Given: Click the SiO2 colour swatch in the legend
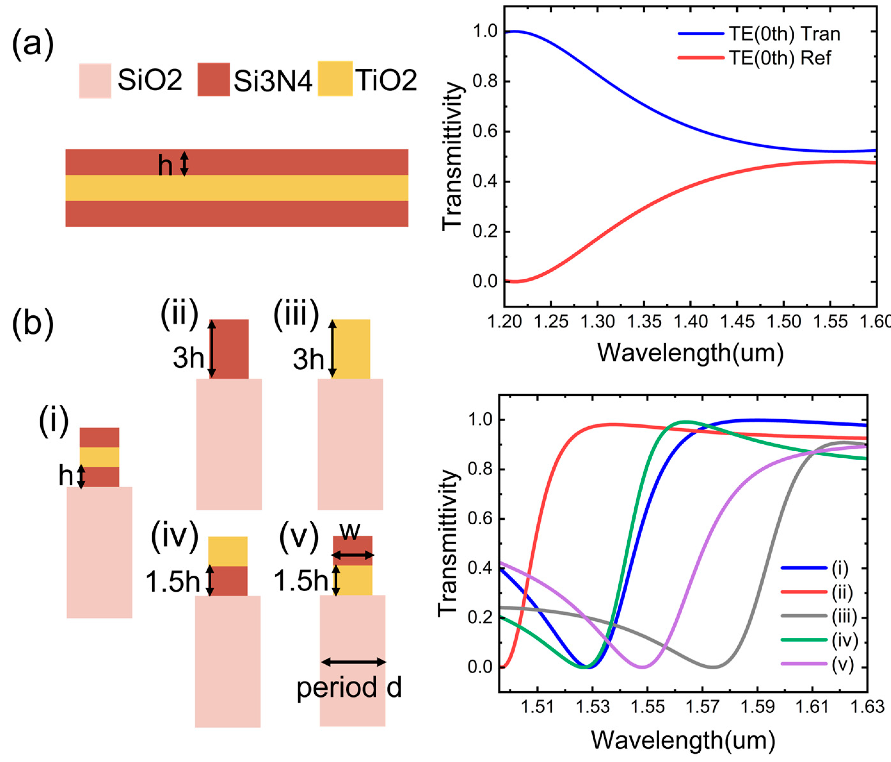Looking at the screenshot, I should (x=95, y=81).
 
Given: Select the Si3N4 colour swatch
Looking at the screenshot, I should (x=213, y=80).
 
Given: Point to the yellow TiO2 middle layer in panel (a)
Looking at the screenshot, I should (x=237, y=188).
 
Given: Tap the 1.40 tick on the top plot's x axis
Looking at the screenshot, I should (x=690, y=321).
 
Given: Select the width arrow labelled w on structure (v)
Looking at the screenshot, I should (x=353, y=555).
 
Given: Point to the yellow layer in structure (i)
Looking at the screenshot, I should (x=99, y=457).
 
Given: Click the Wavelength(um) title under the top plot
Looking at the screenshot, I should (x=690, y=353).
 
